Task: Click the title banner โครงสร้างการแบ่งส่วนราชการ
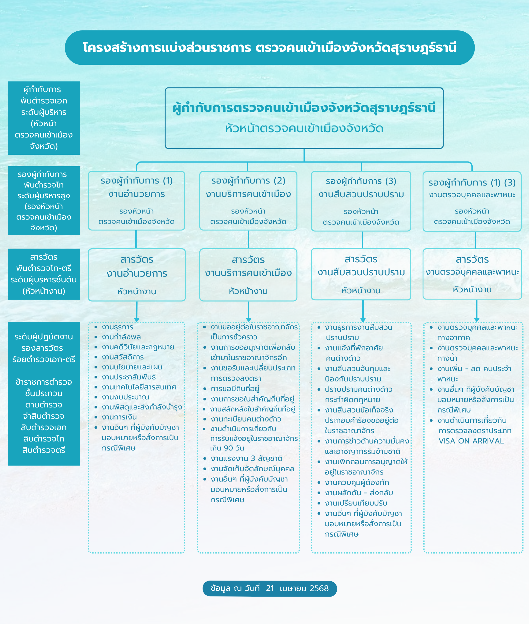269,48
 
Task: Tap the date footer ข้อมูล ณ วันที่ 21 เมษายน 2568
270,588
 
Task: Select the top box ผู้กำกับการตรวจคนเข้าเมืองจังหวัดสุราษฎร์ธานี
304,118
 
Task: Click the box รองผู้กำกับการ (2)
248,201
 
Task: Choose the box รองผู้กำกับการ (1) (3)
472,201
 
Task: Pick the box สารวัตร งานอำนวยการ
137,275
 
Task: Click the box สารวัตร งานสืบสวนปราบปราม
361,274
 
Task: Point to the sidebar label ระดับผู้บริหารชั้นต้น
44,280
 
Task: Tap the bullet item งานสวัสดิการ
123,357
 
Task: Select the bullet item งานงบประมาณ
125,397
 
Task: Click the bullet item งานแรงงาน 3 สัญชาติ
246,458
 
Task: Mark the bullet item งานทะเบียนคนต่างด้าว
246,419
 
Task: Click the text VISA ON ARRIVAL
471,441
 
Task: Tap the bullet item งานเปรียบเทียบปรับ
356,503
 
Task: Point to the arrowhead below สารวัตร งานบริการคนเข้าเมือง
249,319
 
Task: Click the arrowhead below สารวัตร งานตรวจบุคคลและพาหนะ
477,319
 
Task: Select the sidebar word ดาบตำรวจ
44,405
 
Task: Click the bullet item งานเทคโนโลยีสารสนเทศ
139,387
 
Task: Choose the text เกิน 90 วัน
227,448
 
